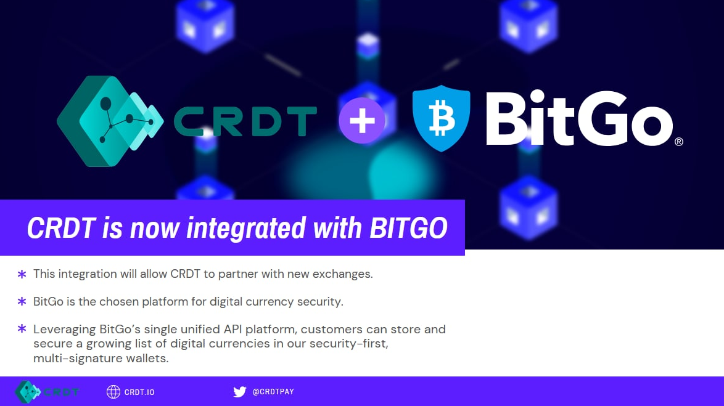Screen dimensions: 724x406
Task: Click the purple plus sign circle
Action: point(362,120)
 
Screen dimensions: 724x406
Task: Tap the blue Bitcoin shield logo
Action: point(441,118)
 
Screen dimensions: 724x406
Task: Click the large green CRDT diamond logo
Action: point(110,121)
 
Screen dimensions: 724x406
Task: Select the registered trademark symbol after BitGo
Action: point(679,142)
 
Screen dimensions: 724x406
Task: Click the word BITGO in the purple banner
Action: point(409,228)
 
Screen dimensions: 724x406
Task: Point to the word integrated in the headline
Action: point(245,229)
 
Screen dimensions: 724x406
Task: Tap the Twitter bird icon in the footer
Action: point(240,392)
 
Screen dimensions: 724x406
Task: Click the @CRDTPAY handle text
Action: point(273,392)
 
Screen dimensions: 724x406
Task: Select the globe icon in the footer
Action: point(113,392)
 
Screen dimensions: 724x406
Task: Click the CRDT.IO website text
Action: point(139,392)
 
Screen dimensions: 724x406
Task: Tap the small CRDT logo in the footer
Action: point(47,392)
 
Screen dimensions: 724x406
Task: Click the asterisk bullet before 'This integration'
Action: point(22,275)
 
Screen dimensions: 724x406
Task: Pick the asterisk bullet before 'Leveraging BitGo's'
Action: point(22,329)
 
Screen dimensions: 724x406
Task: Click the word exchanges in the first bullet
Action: point(343,274)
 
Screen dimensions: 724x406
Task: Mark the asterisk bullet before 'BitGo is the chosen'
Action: point(22,302)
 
